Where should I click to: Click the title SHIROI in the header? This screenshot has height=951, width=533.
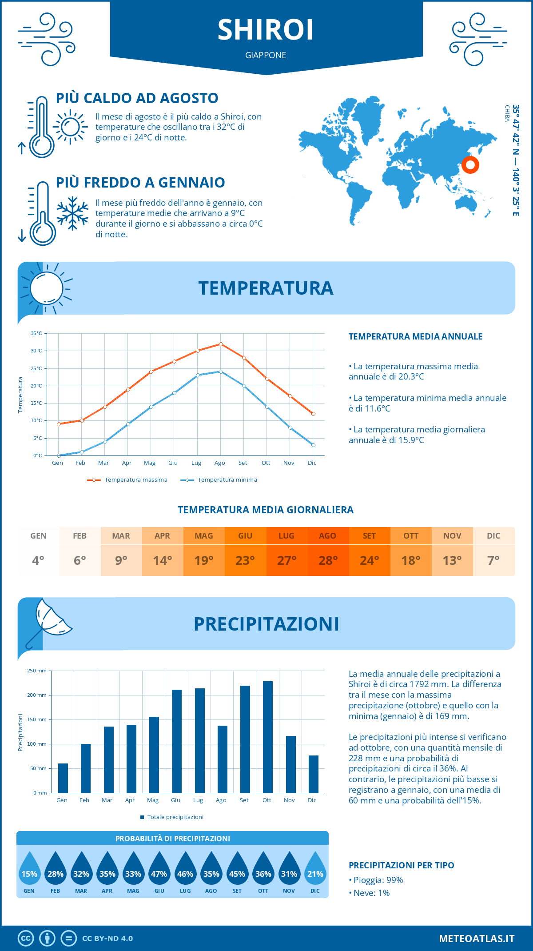click(x=266, y=30)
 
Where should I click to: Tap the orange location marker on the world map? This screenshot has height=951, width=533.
click(x=470, y=165)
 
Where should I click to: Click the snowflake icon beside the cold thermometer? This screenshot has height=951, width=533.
click(x=72, y=213)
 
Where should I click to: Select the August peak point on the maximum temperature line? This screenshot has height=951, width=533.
click(x=221, y=344)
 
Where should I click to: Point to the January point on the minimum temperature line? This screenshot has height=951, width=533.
click(x=59, y=456)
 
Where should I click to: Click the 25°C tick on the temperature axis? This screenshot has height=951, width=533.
click(x=36, y=368)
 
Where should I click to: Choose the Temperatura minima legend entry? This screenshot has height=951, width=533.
click(x=227, y=480)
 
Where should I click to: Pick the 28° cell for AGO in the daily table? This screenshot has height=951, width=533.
click(x=328, y=560)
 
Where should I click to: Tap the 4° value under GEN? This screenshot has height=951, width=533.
click(x=38, y=560)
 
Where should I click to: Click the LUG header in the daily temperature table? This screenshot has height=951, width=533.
click(x=286, y=536)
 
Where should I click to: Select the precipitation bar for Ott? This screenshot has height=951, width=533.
click(x=267, y=737)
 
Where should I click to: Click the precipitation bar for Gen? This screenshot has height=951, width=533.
click(x=63, y=778)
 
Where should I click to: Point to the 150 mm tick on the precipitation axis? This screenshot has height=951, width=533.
click(x=38, y=719)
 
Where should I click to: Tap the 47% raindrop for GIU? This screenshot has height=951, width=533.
click(x=159, y=874)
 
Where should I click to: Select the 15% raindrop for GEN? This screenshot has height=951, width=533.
click(x=29, y=874)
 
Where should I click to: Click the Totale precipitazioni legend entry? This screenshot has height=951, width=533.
click(x=175, y=817)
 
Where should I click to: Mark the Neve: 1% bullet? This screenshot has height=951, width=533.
click(x=371, y=893)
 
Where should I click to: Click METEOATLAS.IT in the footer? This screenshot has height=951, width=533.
click(x=476, y=939)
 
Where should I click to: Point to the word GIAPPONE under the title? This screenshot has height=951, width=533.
click(x=266, y=55)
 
